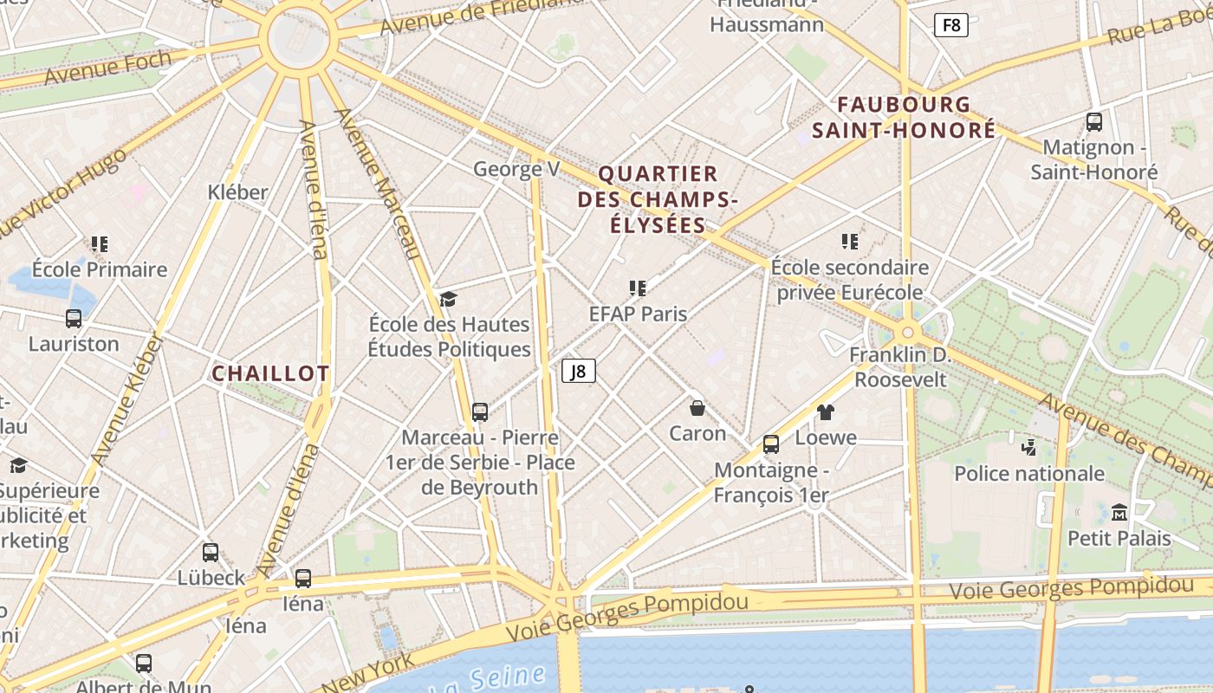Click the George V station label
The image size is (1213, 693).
pyautogui.click(x=516, y=169)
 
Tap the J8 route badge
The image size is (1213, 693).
pyautogui.click(x=579, y=372)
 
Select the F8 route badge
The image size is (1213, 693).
pyautogui.click(x=951, y=25)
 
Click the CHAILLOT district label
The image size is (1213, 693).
pyautogui.click(x=271, y=374)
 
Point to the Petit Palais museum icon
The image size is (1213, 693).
pyautogui.click(x=1119, y=512)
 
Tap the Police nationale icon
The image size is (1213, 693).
pyautogui.click(x=1028, y=447)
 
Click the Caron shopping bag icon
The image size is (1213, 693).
pyautogui.click(x=697, y=407)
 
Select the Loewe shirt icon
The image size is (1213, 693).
pyautogui.click(x=825, y=411)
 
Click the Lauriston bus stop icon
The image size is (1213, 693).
pyautogui.click(x=74, y=318)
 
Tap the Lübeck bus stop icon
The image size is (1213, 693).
pyautogui.click(x=211, y=552)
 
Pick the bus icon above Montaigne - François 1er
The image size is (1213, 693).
pyautogui.click(x=771, y=444)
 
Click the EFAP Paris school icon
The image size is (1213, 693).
pyautogui.click(x=638, y=288)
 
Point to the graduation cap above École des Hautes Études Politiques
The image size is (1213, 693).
pyautogui.click(x=448, y=299)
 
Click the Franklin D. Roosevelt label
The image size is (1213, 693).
pyautogui.click(x=900, y=367)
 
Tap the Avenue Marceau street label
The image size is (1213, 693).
pyautogui.click(x=377, y=184)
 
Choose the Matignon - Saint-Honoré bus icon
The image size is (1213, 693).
pyautogui.click(x=1094, y=121)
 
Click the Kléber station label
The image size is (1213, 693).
pyautogui.click(x=238, y=192)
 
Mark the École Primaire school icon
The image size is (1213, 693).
pyautogui.click(x=100, y=243)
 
